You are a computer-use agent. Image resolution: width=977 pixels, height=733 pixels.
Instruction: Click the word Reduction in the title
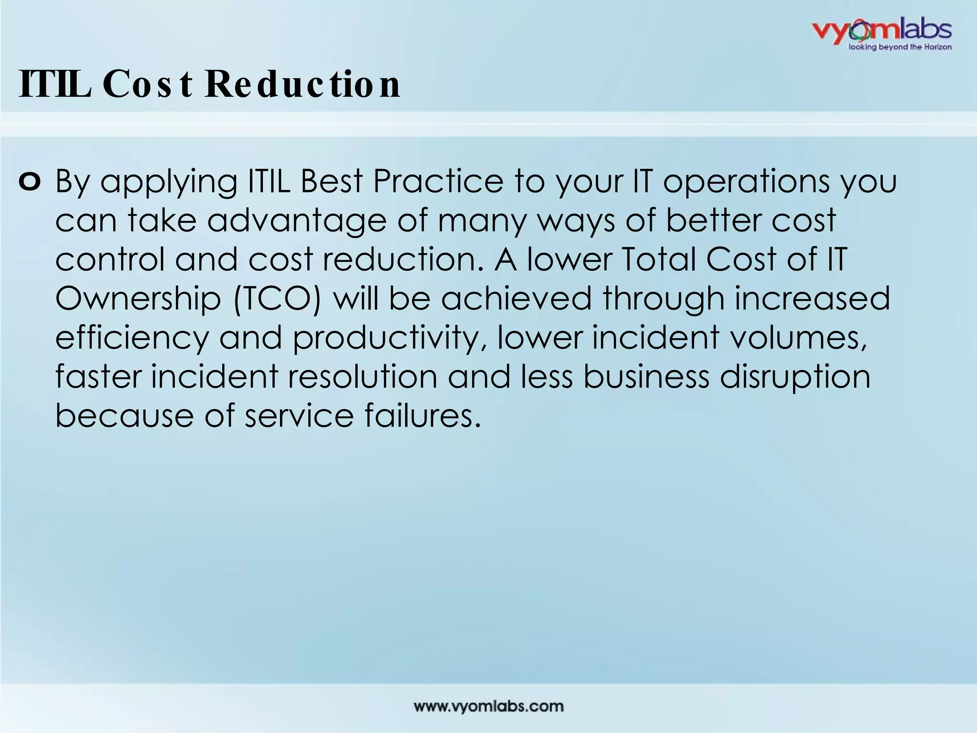(302, 84)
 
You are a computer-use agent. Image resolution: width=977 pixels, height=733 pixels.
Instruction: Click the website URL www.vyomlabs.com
(488, 706)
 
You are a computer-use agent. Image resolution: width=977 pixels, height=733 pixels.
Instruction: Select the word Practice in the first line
(437, 182)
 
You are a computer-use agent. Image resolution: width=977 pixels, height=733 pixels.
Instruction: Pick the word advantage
(296, 221)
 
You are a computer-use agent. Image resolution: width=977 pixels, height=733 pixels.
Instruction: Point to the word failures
(423, 415)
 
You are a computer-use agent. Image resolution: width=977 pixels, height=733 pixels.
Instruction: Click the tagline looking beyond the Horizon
(899, 47)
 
